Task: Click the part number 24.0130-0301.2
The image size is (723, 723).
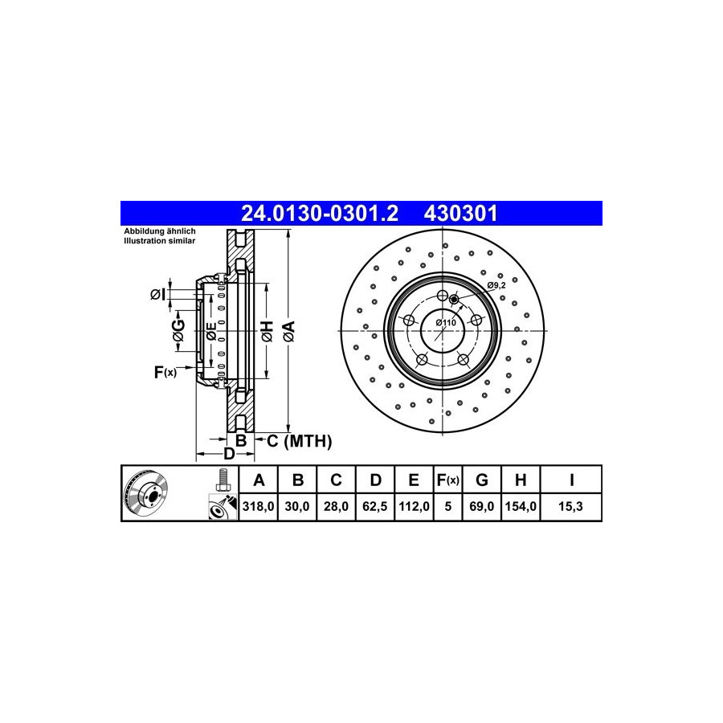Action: [320, 214]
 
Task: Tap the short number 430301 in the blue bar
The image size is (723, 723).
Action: [460, 214]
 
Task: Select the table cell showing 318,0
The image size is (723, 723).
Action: [258, 507]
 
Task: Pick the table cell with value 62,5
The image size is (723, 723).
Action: [375, 507]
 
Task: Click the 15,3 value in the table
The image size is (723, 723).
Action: [570, 507]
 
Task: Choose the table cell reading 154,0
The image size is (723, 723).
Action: [521, 507]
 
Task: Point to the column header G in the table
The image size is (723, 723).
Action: [481, 480]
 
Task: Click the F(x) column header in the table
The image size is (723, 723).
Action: [447, 480]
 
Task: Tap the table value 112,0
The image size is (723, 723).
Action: [414, 507]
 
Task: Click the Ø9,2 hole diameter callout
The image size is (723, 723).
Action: [496, 285]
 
